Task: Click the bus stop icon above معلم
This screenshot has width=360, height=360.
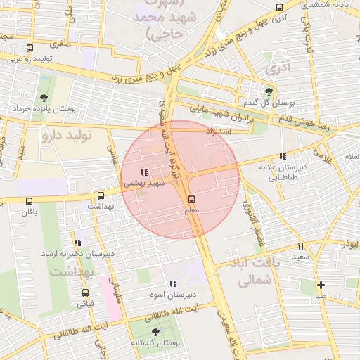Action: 192,200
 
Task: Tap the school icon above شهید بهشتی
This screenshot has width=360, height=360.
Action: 143,172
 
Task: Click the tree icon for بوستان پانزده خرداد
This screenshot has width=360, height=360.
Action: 44,98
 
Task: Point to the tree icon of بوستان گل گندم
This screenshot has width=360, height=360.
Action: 269,91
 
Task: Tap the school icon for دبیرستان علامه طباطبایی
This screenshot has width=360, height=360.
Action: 283,156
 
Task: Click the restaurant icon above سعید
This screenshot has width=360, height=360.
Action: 300,246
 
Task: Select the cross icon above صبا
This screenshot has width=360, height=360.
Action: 321,285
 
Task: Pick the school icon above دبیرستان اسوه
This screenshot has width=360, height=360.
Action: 173,283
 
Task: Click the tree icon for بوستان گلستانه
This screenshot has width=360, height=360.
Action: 155,331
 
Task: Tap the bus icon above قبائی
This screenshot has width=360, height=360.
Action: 85,293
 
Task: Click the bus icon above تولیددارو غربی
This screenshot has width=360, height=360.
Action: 28,49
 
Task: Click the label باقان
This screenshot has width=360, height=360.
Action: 28,212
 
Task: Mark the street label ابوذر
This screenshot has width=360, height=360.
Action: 349,245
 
